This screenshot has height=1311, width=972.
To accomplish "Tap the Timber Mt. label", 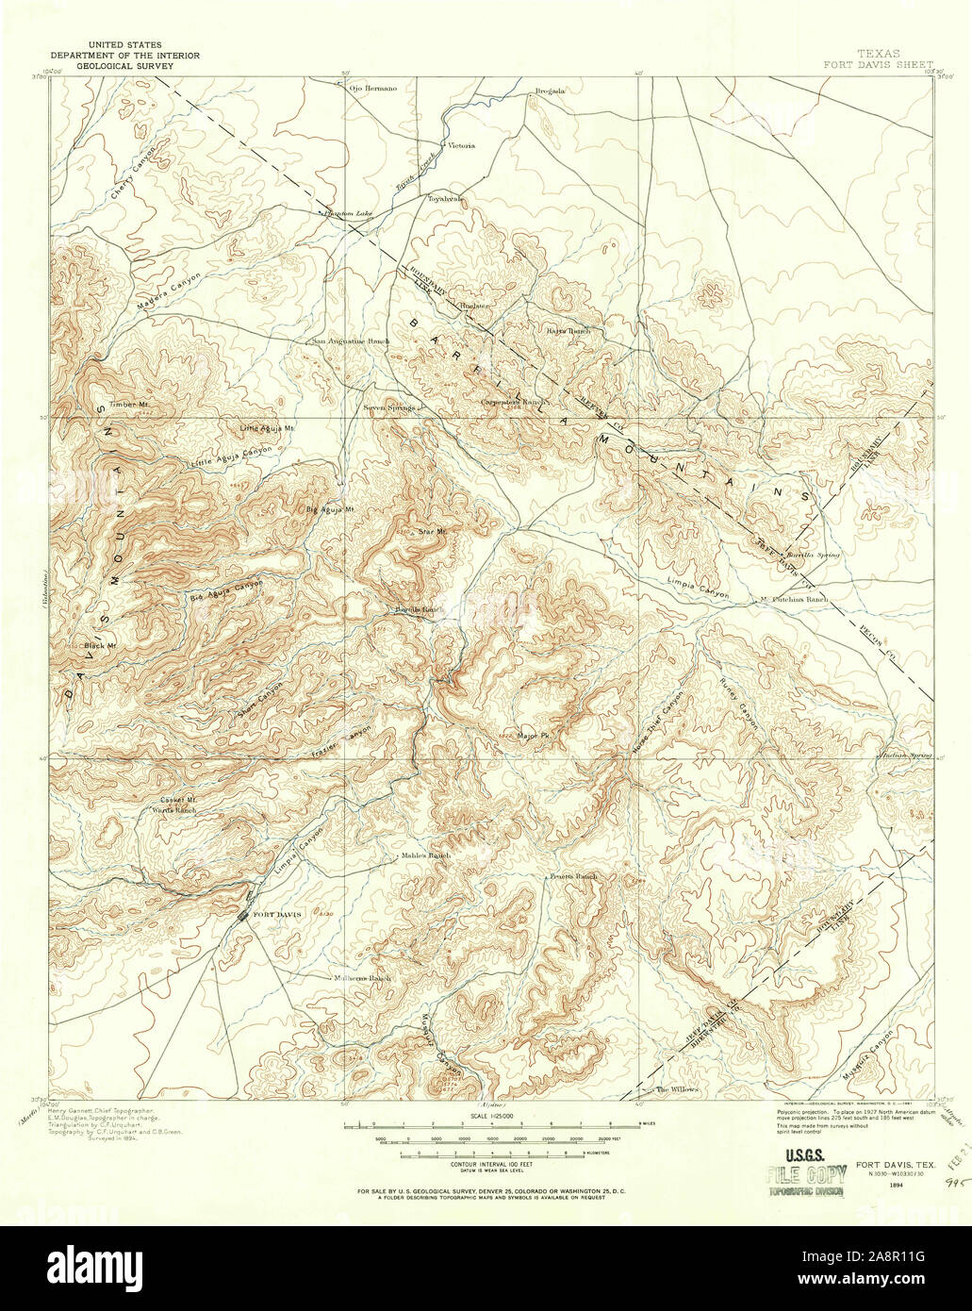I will pos(130,405).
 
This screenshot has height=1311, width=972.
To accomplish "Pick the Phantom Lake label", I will pos(348,214).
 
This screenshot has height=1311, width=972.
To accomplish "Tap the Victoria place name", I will pos(461,146).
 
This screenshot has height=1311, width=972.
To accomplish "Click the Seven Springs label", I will pos(390,408).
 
